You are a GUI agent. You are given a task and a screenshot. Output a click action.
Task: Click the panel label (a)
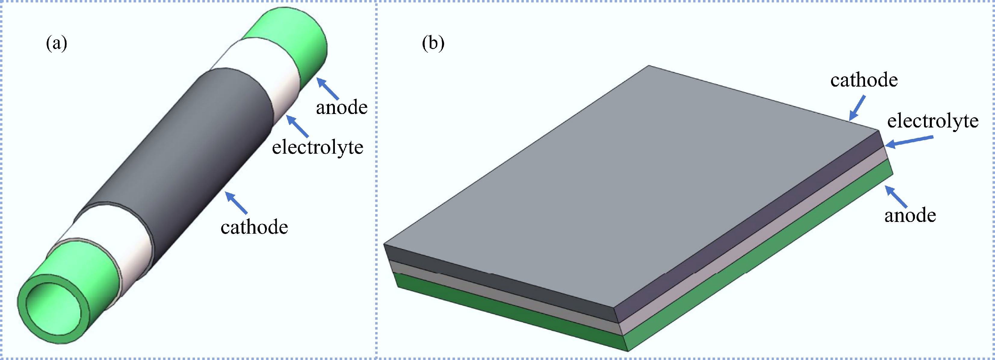pos(56,43)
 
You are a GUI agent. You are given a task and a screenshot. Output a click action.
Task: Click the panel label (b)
pos(433,43)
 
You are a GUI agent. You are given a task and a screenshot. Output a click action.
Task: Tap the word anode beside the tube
pos(341,107)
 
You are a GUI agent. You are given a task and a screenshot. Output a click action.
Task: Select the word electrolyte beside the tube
pos(317,147)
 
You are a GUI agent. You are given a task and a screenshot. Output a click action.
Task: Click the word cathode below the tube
pos(254,227)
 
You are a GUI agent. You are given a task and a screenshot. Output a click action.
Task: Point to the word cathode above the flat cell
pos(864,80)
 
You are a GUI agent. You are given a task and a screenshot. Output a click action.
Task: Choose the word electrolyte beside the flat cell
pos(932,121)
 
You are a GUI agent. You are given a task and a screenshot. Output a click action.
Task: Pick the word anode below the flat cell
pos(910,215)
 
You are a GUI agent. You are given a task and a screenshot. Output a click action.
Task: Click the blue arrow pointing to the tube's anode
pos(328,88)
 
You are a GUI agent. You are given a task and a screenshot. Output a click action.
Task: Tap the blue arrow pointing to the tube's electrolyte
pos(298,126)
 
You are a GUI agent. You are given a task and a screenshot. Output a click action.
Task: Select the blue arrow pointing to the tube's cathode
pos(236,203)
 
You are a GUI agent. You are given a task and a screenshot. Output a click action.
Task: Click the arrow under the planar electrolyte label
pos(909,141)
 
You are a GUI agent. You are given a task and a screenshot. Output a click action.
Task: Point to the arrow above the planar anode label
pos(896,197)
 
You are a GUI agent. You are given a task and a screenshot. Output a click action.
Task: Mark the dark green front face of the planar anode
pos(510,315)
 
